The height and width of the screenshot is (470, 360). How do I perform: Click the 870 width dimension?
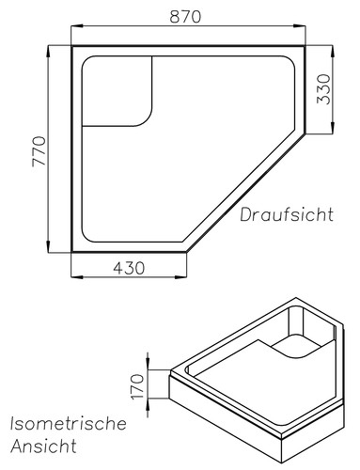(x=190, y=17)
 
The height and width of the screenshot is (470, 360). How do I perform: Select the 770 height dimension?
(x=39, y=149)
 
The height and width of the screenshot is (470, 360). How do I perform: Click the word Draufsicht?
(x=286, y=215)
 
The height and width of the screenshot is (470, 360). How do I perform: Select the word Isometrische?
(x=68, y=424)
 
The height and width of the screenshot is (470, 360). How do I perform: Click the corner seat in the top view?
(x=117, y=89)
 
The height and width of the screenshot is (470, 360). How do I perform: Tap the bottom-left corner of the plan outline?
(x=73, y=253)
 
